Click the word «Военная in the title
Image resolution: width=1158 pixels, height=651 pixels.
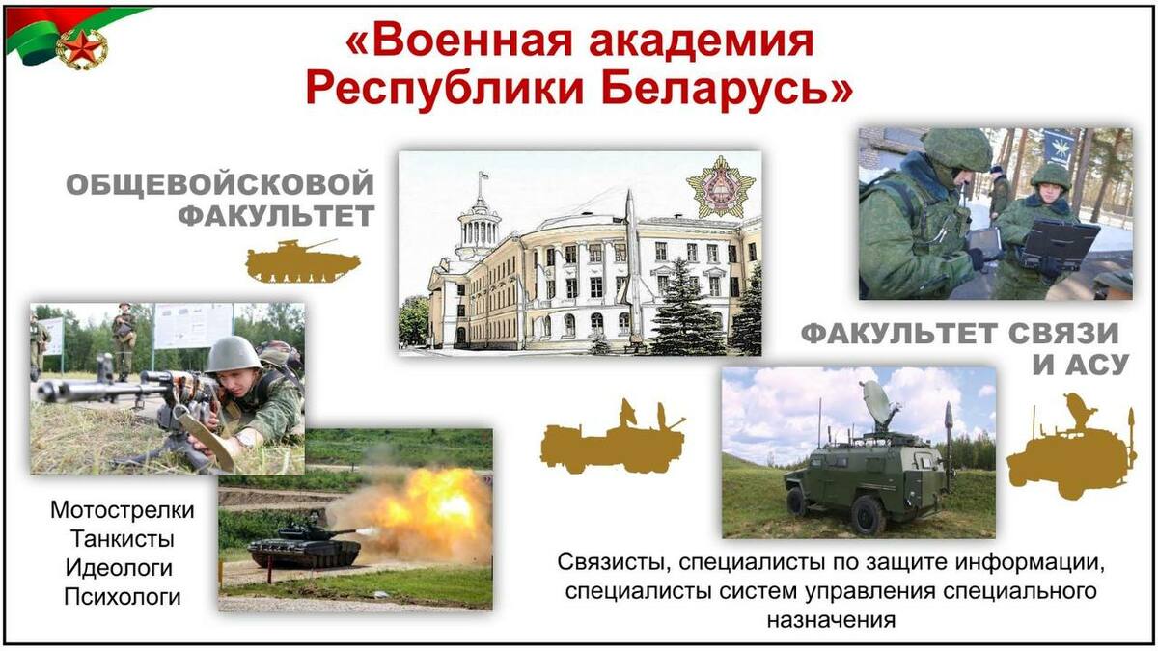pos(459,41)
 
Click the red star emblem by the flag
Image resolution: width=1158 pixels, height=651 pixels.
pos(82,49)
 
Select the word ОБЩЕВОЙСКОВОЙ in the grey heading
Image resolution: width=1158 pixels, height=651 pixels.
pos(220,184)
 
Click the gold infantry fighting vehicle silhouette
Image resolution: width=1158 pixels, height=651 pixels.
pos(302,261)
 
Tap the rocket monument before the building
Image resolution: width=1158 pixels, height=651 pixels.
pos(631,258)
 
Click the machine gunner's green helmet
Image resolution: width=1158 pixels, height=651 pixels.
pos(234,354)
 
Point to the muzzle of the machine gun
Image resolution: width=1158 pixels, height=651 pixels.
pos(45,390)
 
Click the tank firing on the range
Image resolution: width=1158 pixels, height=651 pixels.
pos(305,544)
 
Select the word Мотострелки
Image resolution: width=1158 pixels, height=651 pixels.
pos(123,510)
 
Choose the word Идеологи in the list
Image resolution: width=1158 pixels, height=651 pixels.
pos(119,568)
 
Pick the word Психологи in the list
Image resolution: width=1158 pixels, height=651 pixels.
pos(123,597)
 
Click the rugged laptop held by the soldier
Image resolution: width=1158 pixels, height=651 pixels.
pos(1060,245)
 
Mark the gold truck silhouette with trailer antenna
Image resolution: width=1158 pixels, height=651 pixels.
pos(613,437)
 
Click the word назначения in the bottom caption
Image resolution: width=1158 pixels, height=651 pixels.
pos(831,620)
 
